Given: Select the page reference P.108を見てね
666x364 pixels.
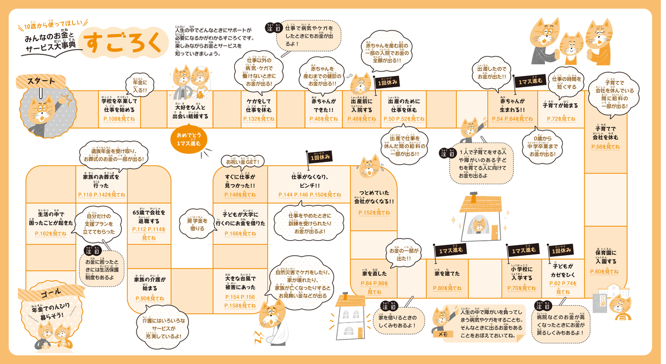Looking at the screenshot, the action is [x=118, y=119].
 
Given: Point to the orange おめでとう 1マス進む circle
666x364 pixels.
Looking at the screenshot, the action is [x=189, y=139].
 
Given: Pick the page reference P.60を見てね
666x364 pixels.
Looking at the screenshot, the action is [x=604, y=271].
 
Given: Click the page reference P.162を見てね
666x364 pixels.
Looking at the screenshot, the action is [x=50, y=234].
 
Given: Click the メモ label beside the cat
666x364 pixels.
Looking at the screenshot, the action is [x=443, y=334].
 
